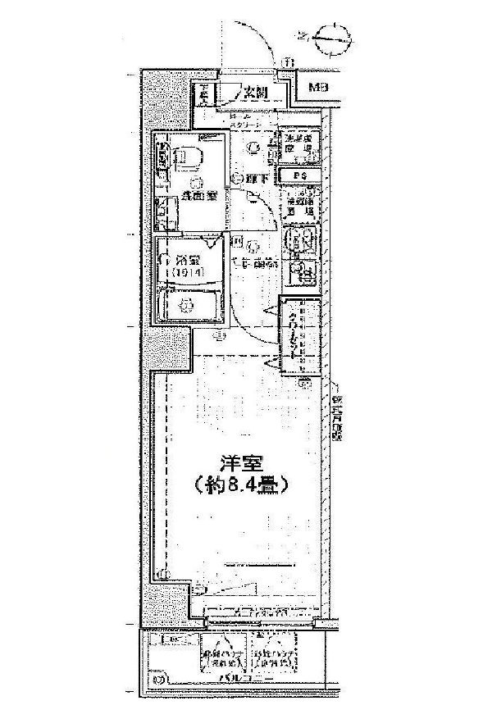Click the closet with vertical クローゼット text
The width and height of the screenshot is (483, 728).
(296, 338)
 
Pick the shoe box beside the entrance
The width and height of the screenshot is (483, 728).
(203, 95)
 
